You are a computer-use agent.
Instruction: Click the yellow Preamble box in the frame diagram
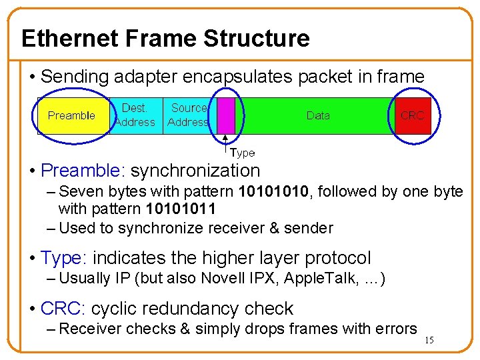click(x=71, y=115)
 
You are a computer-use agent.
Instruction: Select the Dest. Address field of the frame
click(x=135, y=115)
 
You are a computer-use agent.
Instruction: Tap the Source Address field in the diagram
click(x=188, y=115)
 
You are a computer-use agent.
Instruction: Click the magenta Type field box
click(x=226, y=115)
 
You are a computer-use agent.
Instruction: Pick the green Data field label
click(x=318, y=115)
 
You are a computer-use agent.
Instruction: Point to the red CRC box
click(x=412, y=115)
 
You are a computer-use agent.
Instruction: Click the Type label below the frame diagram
click(x=242, y=153)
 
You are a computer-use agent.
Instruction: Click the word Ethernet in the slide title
click(x=61, y=39)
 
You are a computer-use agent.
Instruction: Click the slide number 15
click(x=429, y=341)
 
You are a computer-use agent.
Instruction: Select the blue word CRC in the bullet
click(x=61, y=309)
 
